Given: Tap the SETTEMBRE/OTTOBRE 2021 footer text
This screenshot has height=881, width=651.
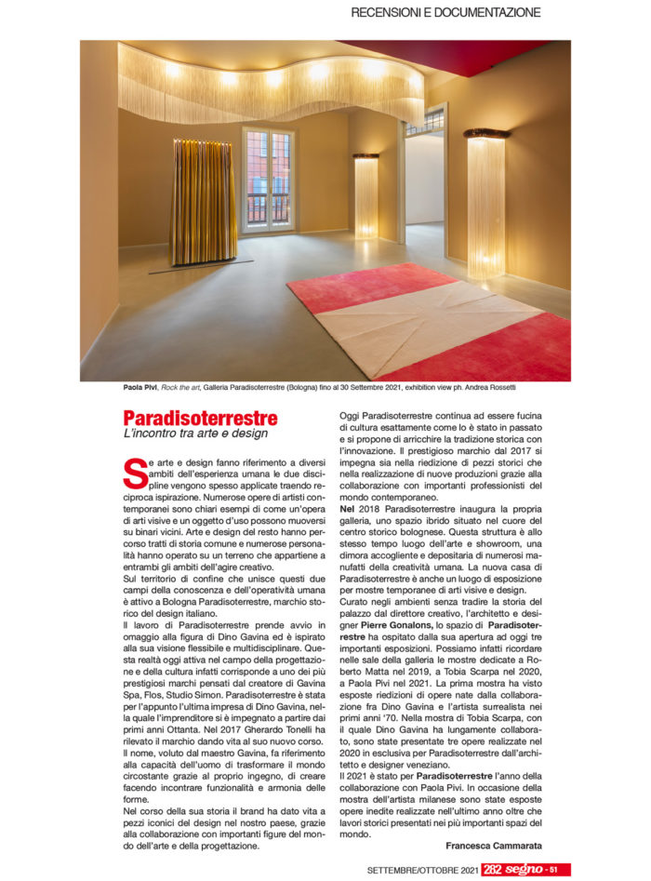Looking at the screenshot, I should [422, 869].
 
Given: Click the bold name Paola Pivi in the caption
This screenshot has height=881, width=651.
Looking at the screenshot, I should [139, 386].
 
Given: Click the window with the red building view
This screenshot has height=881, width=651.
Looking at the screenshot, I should [269, 179].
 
